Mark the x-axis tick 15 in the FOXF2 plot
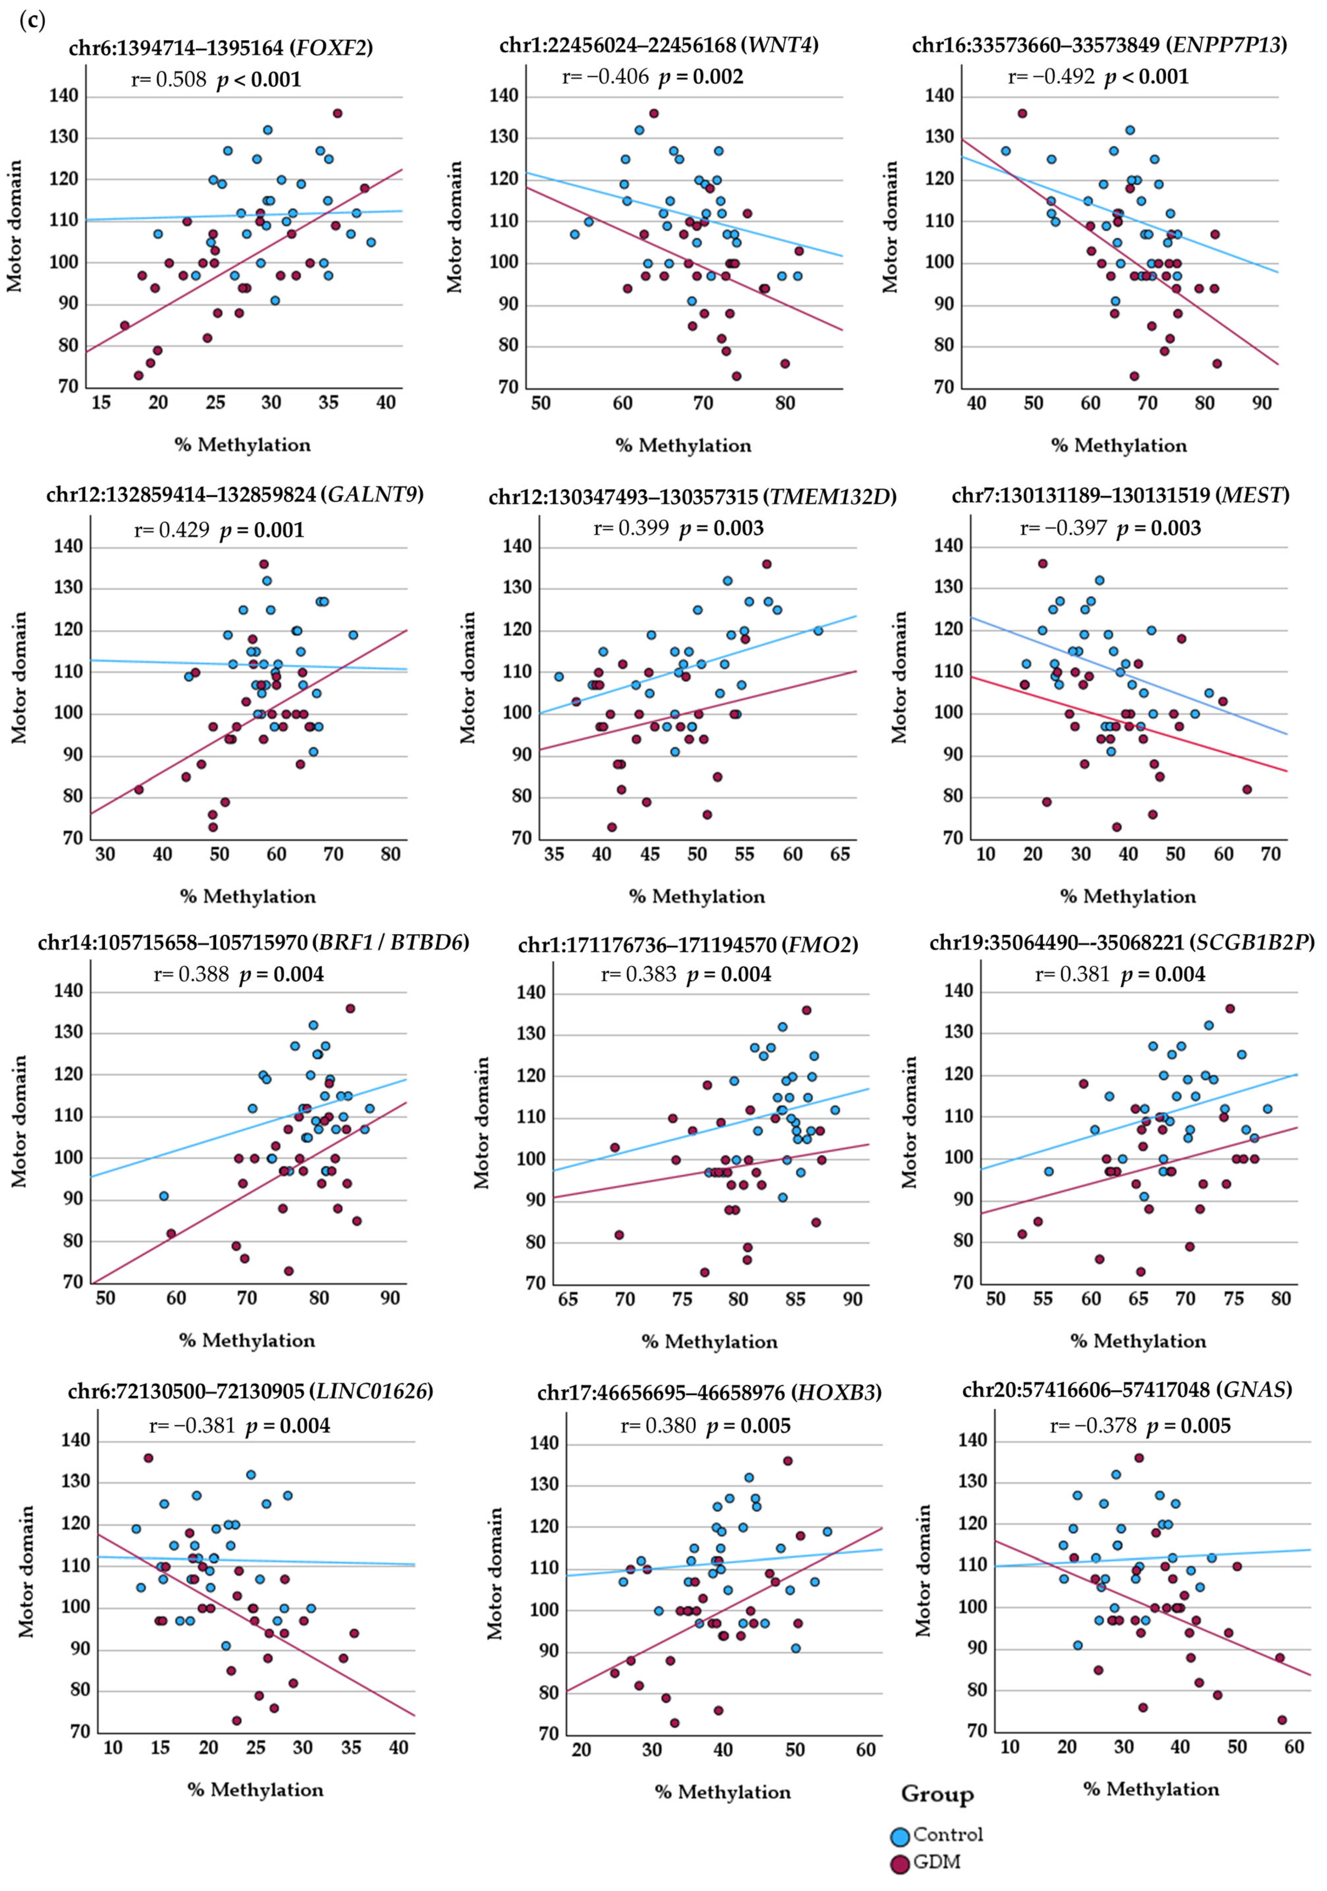pos(100,403)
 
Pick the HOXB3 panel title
pos(709,1392)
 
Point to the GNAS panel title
pos(1127,1389)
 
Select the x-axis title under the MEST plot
pos(1128,896)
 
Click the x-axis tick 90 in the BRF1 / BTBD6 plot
pos(390,1298)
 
